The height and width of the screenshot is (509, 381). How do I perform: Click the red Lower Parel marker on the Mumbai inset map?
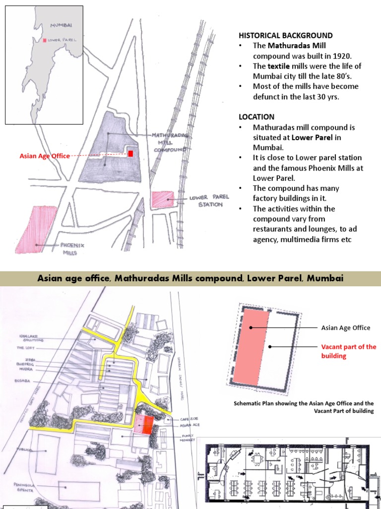[45, 40]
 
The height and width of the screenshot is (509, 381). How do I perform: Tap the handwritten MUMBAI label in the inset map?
[61, 24]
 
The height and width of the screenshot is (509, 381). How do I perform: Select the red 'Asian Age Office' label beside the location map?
[45, 156]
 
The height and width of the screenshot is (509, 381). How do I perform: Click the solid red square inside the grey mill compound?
[130, 154]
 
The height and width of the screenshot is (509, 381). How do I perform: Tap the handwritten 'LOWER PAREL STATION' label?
[209, 201]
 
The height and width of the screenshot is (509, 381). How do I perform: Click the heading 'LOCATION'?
[256, 117]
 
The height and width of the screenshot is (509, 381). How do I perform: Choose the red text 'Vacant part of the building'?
[348, 351]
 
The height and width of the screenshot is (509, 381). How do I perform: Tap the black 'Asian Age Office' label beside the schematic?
[345, 328]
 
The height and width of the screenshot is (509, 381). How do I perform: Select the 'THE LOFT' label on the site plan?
[25, 348]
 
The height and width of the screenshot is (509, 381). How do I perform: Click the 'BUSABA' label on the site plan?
[23, 381]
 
